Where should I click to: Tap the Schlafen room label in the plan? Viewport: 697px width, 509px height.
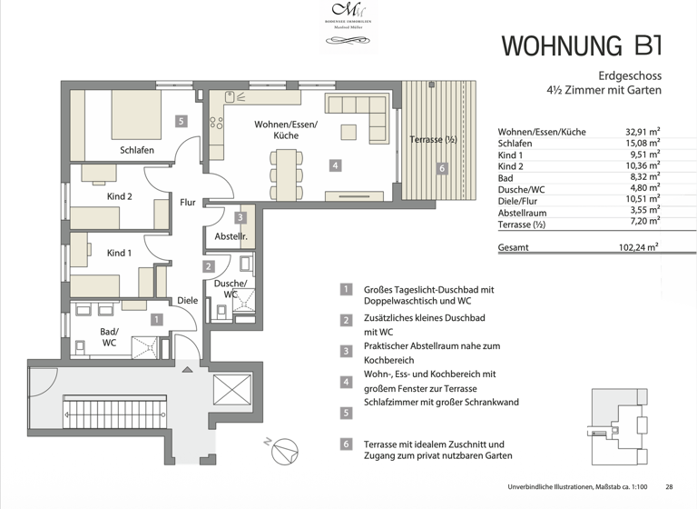(x=136, y=150)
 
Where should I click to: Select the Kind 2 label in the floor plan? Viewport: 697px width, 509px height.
(x=120, y=196)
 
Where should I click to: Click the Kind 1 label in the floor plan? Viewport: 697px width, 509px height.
(x=119, y=253)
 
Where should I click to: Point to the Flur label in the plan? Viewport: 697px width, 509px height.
(x=188, y=203)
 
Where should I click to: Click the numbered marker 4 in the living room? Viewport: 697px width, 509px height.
(x=335, y=165)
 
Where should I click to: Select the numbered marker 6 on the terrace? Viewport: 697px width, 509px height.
(x=441, y=168)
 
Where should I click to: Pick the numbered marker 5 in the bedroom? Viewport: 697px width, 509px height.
(x=182, y=121)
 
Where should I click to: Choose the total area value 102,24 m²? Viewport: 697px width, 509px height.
(x=638, y=246)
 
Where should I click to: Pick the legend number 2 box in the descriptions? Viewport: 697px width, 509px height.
(x=346, y=320)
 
